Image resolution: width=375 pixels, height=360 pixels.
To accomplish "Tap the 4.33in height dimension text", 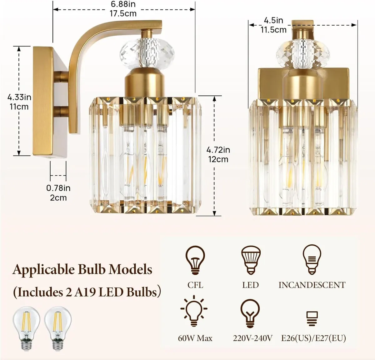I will (19, 102).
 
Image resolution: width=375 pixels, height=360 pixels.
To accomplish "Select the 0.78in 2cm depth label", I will (58, 193).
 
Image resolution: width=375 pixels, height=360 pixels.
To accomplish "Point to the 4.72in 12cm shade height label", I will (218, 154).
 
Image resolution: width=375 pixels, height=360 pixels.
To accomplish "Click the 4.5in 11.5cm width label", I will (273, 25).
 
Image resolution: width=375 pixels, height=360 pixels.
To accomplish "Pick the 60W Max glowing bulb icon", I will (194, 313).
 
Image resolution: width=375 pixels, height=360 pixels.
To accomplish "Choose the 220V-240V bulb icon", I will (250, 313).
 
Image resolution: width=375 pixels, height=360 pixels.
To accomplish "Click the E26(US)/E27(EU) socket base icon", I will (312, 318).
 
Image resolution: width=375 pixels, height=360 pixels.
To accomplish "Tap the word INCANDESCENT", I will (312, 285).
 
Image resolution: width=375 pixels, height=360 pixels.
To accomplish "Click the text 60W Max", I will (195, 338).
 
